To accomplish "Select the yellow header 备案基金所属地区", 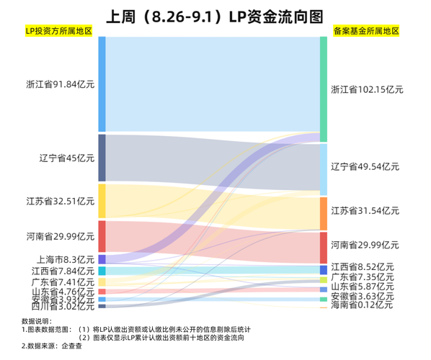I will pos(367,32).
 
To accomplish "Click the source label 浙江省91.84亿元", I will pos(60,84).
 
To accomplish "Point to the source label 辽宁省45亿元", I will pos(67,158).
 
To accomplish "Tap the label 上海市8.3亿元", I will pos(65,259).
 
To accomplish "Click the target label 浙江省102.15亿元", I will pos(366,90).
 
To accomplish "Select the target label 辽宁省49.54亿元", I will pos(364,166).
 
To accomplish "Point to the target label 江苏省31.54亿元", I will pos(364,210).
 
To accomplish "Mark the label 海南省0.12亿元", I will pos(361,305).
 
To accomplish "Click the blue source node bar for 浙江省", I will pos(102,84).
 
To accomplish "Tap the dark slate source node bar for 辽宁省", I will pos(102,158).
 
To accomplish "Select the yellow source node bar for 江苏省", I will pos(102,201).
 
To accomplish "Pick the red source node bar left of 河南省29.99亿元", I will pos(102,236).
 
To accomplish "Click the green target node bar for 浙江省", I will pos(324,89).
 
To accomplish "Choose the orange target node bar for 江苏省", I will pos(324,213).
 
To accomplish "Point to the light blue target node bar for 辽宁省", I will pos(324,169).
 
